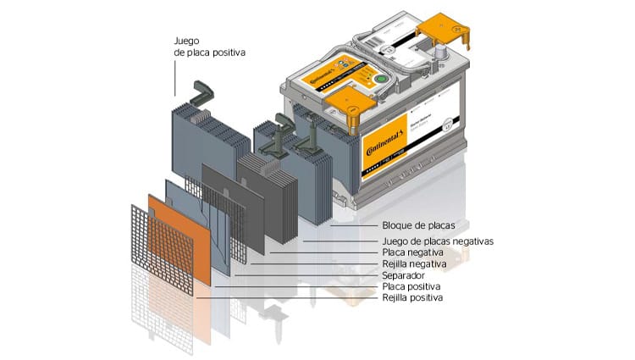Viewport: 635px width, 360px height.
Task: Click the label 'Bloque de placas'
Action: tap(418, 226)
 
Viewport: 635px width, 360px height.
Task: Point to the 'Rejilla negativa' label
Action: tap(415, 264)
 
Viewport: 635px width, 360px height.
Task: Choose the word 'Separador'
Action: tap(404, 275)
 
